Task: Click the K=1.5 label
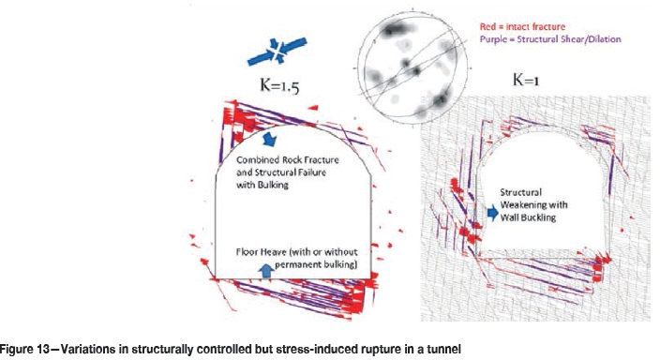click(x=279, y=86)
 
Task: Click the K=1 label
click(x=526, y=80)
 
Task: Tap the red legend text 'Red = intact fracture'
click(x=522, y=27)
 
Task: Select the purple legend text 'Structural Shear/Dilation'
click(x=569, y=39)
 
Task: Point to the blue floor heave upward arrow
click(x=266, y=271)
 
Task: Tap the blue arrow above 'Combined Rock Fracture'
click(x=269, y=140)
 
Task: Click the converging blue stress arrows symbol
click(x=277, y=52)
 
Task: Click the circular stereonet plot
click(x=412, y=67)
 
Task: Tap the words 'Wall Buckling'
click(x=528, y=217)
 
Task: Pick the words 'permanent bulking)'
click(x=316, y=264)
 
